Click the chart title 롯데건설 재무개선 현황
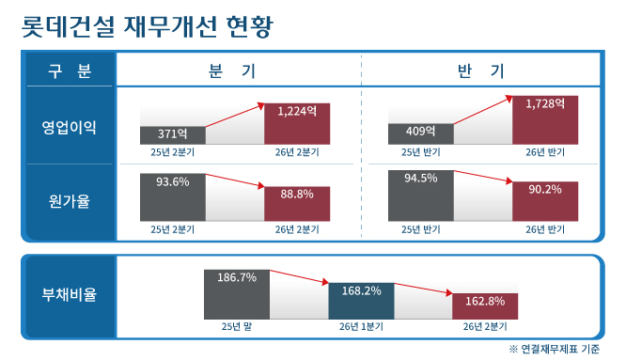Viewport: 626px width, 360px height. [x=147, y=27]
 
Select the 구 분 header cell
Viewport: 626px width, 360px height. [x=70, y=71]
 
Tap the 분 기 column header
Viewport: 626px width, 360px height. [x=232, y=71]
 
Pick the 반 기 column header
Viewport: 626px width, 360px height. [x=480, y=71]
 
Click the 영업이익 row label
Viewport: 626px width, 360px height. [x=69, y=127]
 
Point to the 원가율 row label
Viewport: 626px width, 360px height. [x=69, y=201]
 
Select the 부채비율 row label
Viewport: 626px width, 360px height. [x=69, y=294]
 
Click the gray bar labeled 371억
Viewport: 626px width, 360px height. [x=172, y=135]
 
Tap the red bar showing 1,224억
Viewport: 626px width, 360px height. [x=297, y=124]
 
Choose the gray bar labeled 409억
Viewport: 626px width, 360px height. [x=421, y=134]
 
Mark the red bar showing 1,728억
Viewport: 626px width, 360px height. [x=545, y=120]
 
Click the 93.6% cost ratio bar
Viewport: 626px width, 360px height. [x=172, y=197]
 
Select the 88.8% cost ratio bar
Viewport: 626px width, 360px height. [x=297, y=204]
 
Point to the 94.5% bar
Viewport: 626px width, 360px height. [x=421, y=196]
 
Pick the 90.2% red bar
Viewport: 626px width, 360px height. [x=545, y=201]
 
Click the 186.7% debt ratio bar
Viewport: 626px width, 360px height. [x=237, y=294]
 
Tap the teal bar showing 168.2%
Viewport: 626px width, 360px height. [x=361, y=301]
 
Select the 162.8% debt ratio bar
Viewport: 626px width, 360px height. [x=485, y=306]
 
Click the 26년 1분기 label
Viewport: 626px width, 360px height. [x=361, y=327]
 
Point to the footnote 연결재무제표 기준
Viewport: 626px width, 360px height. [x=560, y=350]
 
